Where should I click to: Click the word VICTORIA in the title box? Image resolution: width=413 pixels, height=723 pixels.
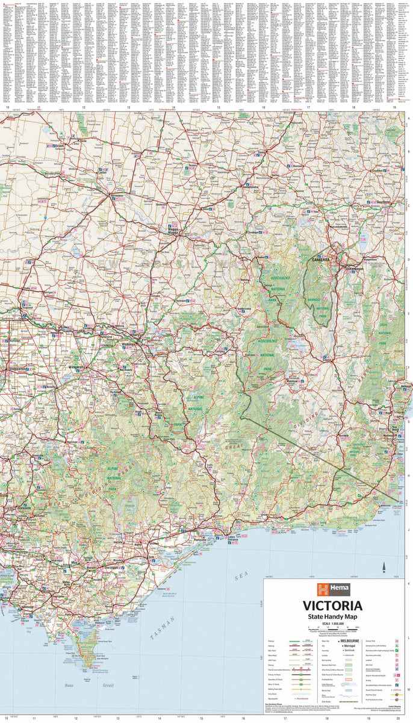[x=332, y=605]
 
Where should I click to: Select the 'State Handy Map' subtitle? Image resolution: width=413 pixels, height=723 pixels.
[x=332, y=617]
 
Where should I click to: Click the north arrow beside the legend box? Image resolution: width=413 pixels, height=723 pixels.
[x=385, y=566]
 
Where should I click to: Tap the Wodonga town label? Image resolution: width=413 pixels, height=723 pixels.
[x=130, y=345]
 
